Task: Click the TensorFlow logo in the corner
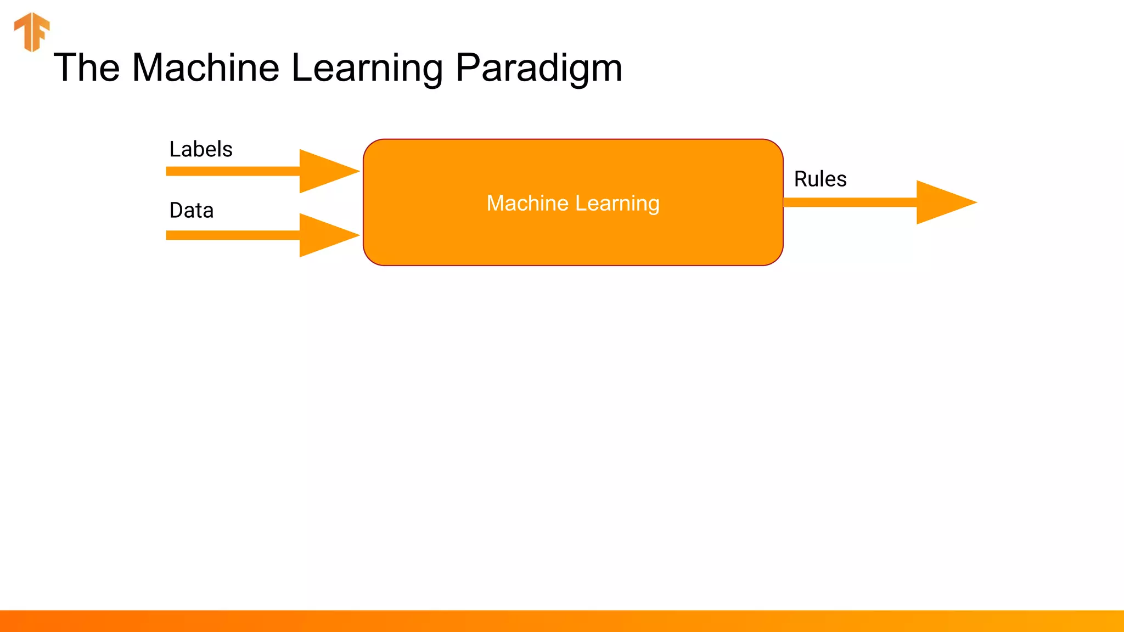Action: [32, 32]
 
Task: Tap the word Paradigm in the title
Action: [539, 68]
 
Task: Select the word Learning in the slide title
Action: [367, 68]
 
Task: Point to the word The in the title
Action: [87, 68]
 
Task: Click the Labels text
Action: [201, 149]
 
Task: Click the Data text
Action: [191, 211]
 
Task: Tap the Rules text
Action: [820, 179]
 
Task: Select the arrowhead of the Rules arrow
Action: [942, 202]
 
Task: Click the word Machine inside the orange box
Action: [527, 204]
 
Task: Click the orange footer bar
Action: [562, 621]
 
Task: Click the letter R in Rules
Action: [801, 179]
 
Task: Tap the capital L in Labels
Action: [175, 149]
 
